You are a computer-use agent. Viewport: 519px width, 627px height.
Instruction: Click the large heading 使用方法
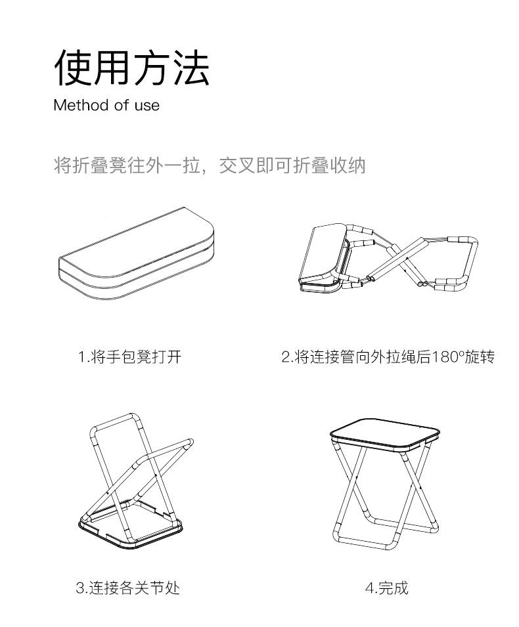point(131,68)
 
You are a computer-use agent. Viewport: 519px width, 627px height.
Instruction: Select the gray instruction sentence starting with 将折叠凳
point(209,165)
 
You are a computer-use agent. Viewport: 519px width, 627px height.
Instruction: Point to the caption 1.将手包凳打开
point(129,357)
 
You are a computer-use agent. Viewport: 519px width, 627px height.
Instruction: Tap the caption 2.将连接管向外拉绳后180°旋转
point(388,357)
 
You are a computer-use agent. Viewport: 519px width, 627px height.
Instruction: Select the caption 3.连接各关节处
point(127,587)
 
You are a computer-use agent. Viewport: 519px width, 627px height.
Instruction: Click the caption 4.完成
point(387,587)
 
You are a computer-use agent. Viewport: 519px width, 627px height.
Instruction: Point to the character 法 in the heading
point(191,68)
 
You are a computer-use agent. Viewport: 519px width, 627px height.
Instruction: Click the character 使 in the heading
point(72,68)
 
